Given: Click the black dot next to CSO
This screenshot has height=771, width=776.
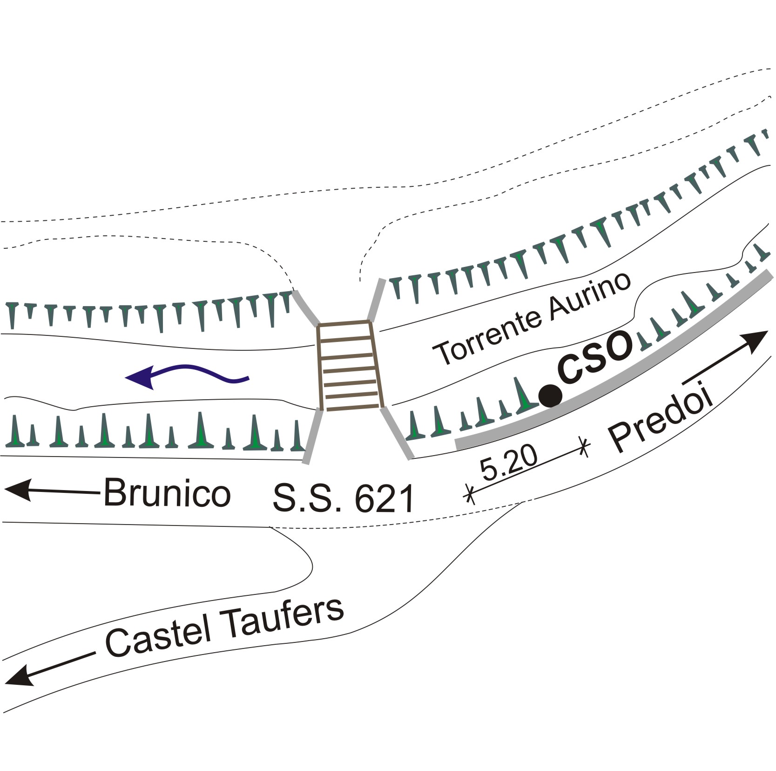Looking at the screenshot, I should (550, 396).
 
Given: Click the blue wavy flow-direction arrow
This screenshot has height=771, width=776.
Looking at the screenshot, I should (186, 375).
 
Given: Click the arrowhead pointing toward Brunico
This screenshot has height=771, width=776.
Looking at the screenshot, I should (19, 491).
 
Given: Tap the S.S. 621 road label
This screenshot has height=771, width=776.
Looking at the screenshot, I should (343, 499).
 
